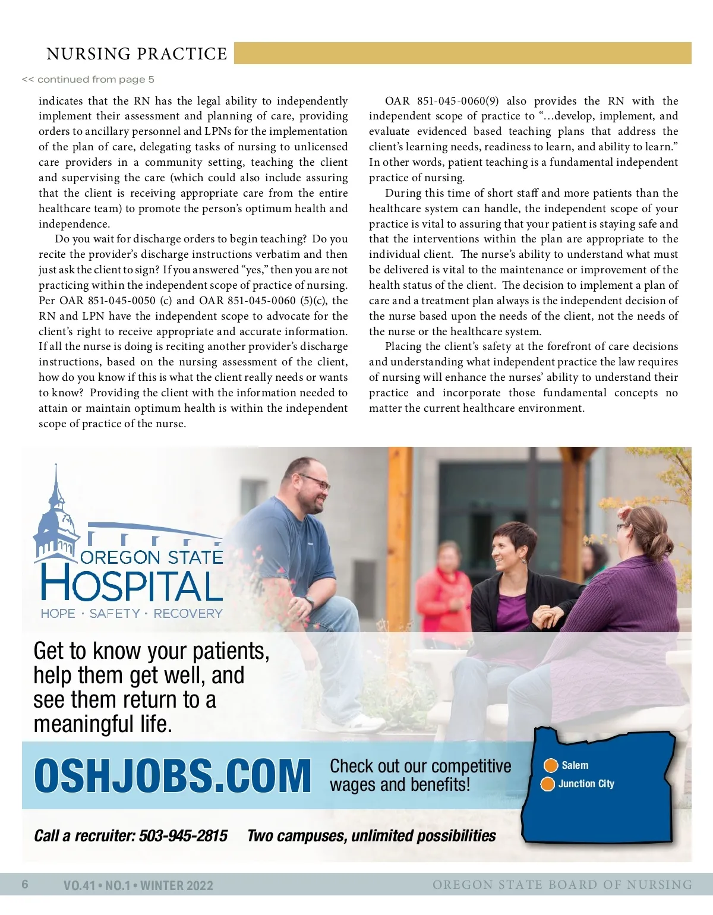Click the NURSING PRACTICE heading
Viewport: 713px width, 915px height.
click(x=137, y=54)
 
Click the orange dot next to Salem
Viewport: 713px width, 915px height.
click(x=551, y=765)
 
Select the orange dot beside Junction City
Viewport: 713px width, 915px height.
click(x=547, y=784)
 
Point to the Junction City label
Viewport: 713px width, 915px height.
click(x=586, y=784)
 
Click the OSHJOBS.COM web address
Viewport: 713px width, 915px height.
click(x=172, y=776)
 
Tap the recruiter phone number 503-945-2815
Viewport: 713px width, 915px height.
click(x=183, y=836)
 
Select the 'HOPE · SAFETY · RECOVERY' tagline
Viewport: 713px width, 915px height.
click(x=131, y=614)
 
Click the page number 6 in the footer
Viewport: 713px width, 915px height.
click(x=25, y=885)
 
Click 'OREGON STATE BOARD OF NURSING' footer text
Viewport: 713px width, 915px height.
click(x=562, y=885)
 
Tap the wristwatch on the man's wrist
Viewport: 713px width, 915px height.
click(x=310, y=601)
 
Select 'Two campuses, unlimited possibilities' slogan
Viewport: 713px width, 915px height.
click(x=371, y=836)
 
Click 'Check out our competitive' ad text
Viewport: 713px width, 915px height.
click(x=420, y=766)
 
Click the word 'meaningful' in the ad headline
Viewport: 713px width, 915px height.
click(x=84, y=725)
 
